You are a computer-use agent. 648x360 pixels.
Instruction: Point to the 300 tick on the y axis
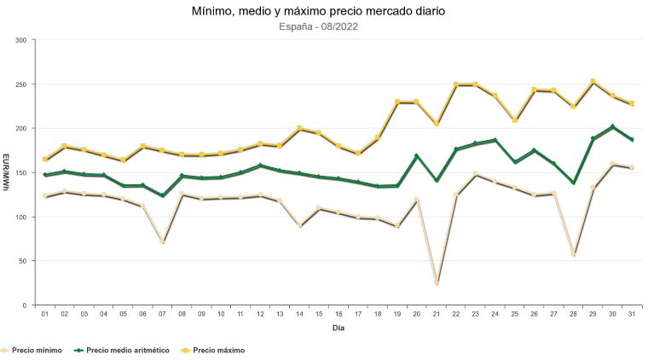20,40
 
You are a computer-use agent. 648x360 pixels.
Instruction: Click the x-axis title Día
338,328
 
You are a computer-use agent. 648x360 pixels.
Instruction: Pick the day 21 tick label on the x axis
437,314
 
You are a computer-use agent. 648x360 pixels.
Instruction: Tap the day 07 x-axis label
162,314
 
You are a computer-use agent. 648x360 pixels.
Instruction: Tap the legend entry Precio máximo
213,350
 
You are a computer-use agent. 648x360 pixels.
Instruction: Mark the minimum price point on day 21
437,282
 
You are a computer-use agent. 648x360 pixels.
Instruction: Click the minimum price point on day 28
574,253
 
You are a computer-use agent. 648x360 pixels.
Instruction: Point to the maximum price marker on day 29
593,82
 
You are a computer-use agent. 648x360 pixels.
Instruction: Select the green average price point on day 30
613,127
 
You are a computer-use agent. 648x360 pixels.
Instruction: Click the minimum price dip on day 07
162,241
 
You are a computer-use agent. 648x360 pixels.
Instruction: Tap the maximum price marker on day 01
44,159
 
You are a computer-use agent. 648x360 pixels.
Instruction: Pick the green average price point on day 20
417,156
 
